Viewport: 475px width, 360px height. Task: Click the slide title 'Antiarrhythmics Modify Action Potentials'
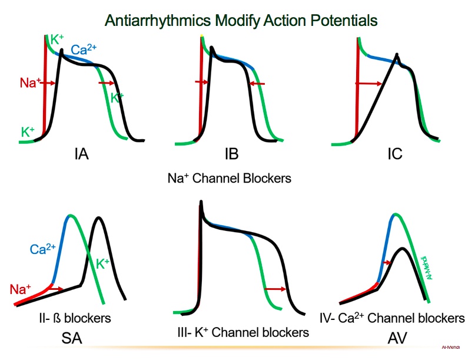[241, 21]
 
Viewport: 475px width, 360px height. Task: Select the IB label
[231, 156]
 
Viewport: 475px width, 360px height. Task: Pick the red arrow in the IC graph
[369, 84]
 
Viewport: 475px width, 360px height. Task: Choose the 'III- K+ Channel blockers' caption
[243, 332]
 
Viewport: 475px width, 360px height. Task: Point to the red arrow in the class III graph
[275, 289]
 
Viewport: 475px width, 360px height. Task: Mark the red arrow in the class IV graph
[387, 262]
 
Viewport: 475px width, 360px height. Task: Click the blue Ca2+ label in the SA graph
[42, 249]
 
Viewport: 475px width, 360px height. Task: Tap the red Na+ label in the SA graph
[21, 289]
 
